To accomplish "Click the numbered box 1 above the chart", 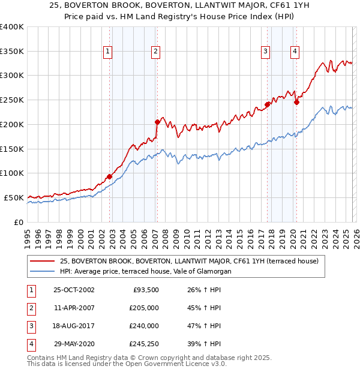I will point(107,52).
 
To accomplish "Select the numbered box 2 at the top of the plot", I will point(155,52).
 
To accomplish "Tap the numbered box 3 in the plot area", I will point(265,52).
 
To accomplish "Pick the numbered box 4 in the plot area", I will point(295,52).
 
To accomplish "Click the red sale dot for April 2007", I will point(157,122).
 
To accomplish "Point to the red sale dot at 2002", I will point(110,176).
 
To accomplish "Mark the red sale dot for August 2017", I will point(267,104).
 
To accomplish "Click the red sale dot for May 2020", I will point(296,102).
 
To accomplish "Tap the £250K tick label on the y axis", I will point(11,100).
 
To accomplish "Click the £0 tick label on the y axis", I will point(19,222).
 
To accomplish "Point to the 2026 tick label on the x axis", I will point(356,236).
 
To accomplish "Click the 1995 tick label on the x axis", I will point(28,236).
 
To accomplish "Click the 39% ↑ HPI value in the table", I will point(203,344).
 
